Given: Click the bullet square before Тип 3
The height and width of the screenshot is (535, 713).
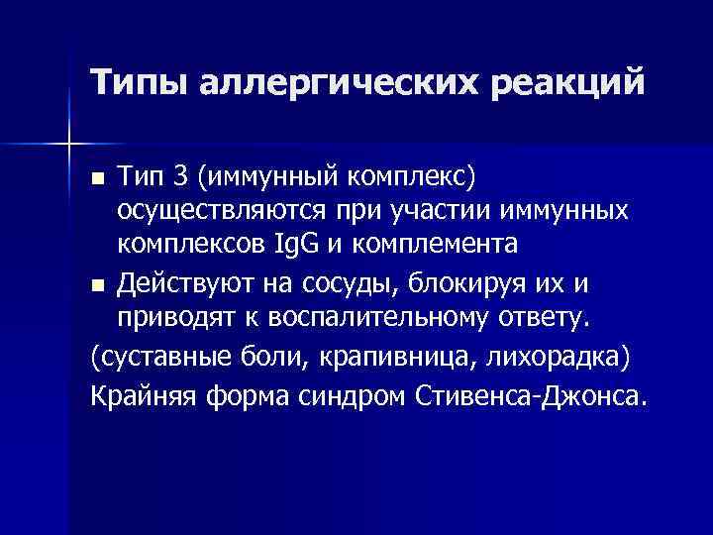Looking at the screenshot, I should click(x=96, y=180).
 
